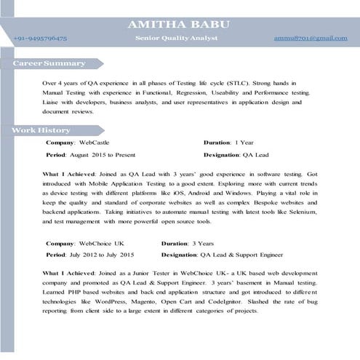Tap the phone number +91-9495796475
41,37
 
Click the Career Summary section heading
49,64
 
